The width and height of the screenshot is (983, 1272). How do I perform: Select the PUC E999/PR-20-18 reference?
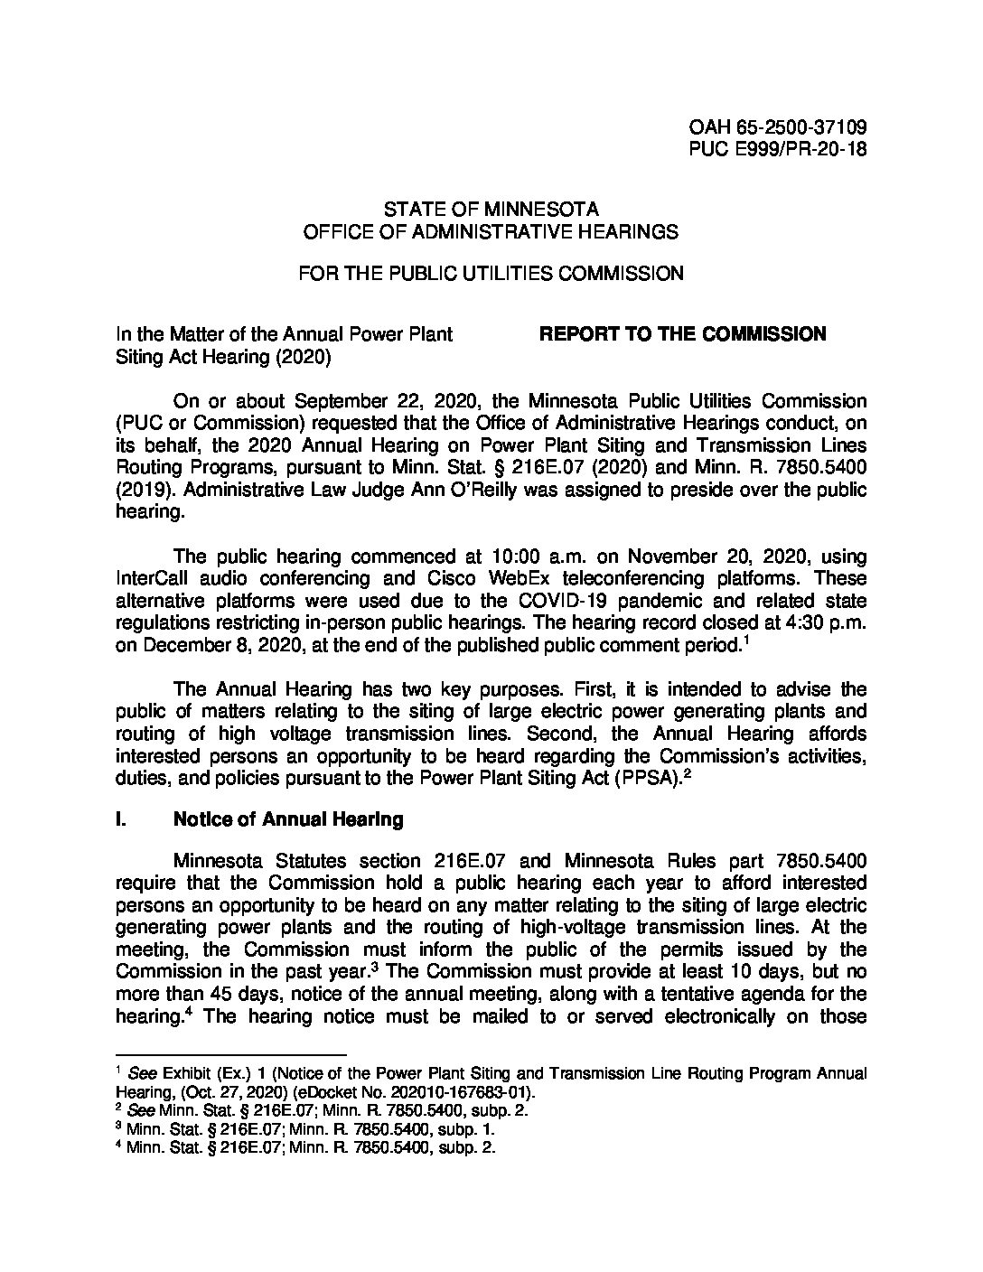point(778,150)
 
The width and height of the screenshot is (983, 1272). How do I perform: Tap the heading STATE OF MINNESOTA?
point(491,210)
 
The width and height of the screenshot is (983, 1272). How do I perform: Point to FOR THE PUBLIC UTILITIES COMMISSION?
point(491,273)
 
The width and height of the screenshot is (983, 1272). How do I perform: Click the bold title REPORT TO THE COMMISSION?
point(682,334)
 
